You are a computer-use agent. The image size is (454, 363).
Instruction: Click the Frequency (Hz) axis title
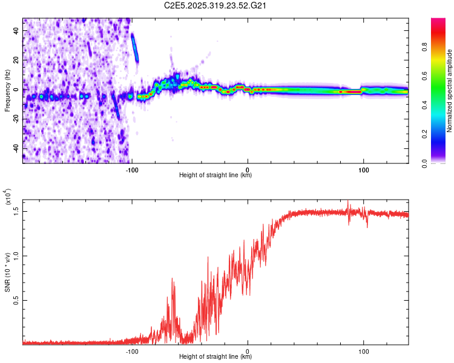click(8, 90)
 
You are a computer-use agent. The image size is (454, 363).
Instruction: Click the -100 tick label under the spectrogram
click(133, 169)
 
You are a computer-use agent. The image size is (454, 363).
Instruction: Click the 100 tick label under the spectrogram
click(364, 169)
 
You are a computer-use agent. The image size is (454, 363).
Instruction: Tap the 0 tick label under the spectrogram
click(248, 169)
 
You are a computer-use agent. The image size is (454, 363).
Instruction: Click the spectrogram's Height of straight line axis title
click(215, 175)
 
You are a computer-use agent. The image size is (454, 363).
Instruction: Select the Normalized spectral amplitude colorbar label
click(449, 91)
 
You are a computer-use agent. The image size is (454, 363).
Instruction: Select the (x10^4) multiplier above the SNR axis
click(8, 196)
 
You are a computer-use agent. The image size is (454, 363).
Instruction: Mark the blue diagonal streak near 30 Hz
click(135, 47)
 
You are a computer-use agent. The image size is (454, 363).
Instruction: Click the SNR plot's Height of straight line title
click(215, 358)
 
